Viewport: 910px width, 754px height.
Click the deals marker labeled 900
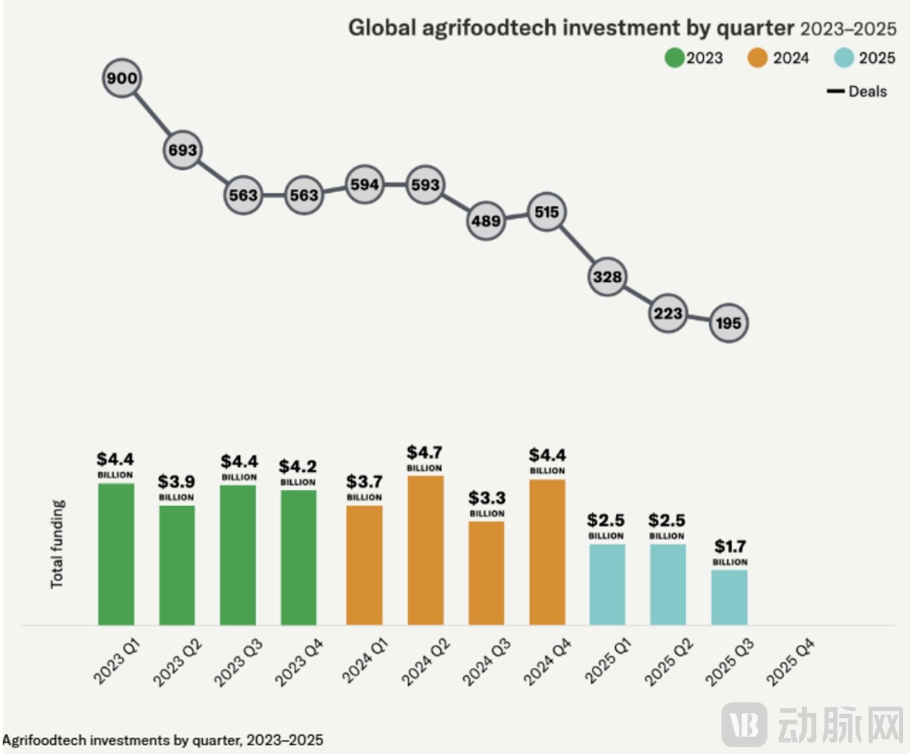(x=122, y=78)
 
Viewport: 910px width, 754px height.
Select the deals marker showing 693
(x=182, y=150)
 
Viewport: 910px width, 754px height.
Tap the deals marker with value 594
(x=365, y=185)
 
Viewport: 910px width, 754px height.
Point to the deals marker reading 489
(x=486, y=221)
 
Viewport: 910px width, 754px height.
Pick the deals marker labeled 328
(x=607, y=276)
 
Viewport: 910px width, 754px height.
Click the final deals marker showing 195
(x=729, y=323)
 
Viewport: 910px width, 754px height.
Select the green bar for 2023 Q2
(x=177, y=565)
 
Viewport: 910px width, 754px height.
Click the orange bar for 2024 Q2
(x=425, y=550)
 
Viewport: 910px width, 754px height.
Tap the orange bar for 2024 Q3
(x=486, y=573)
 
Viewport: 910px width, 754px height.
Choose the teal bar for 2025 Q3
(x=729, y=597)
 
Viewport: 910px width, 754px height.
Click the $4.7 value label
(x=424, y=452)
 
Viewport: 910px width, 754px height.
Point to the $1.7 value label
(x=730, y=546)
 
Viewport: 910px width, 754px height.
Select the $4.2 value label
(x=298, y=466)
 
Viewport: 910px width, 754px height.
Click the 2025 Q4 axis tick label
(x=791, y=662)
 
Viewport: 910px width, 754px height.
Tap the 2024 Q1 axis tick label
(x=365, y=661)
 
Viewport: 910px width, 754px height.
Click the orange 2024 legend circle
(x=757, y=58)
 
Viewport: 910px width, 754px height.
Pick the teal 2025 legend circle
(x=844, y=58)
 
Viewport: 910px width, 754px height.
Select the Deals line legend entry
(x=857, y=92)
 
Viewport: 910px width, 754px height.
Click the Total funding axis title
(x=58, y=544)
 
